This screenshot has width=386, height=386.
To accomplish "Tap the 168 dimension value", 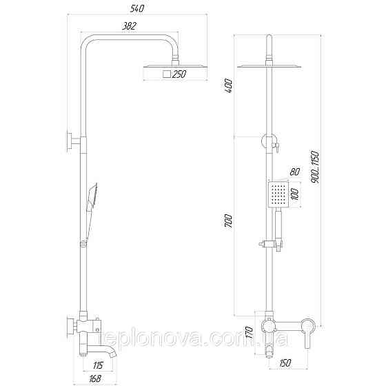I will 96,377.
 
